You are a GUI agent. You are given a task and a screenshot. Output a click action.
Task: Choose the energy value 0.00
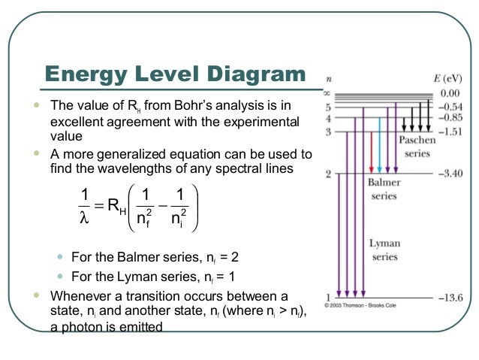[450, 93]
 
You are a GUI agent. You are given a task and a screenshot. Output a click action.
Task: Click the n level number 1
[327, 295]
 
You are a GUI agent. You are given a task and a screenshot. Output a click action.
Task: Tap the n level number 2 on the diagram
[327, 174]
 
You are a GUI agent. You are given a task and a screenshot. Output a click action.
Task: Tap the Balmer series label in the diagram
[384, 189]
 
